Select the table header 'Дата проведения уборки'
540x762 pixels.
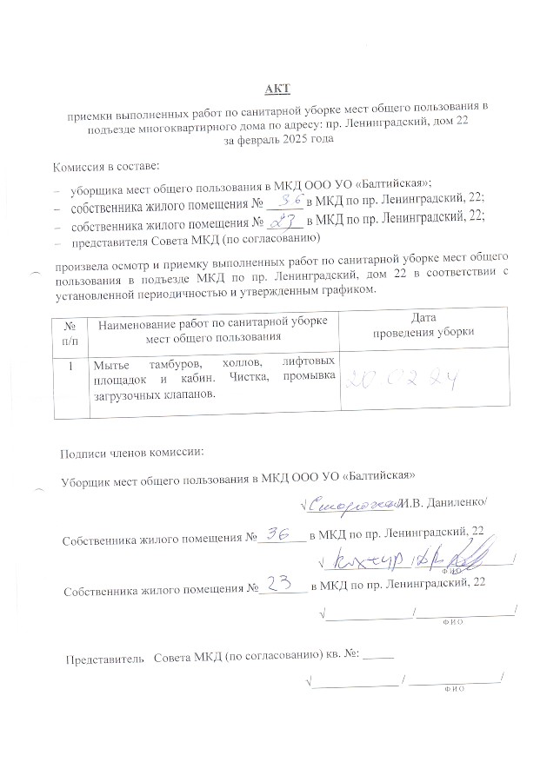point(410,325)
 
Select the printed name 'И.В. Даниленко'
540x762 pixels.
point(450,503)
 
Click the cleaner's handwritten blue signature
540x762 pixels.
point(357,503)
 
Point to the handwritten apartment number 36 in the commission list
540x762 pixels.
point(287,201)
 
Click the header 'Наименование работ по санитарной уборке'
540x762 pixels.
point(213,322)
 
